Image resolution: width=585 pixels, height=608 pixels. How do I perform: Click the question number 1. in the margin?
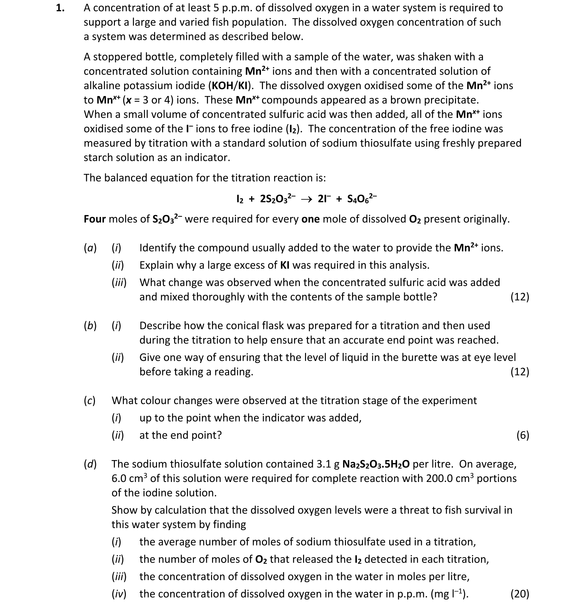(x=60, y=8)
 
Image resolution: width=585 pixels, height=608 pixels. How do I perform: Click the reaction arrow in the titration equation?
(x=306, y=199)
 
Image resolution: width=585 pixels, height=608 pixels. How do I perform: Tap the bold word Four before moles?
(x=95, y=219)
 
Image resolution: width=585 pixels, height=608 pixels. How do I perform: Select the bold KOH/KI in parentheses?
(x=229, y=86)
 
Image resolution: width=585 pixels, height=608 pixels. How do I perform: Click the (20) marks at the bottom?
(x=520, y=594)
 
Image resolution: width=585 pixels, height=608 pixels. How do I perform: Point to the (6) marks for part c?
(x=523, y=435)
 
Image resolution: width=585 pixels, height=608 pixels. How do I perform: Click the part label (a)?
(x=90, y=248)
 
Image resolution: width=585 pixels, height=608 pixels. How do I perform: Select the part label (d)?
(x=90, y=464)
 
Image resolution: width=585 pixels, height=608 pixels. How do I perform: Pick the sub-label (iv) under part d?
(x=119, y=594)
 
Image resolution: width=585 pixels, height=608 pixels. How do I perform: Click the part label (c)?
(x=90, y=401)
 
